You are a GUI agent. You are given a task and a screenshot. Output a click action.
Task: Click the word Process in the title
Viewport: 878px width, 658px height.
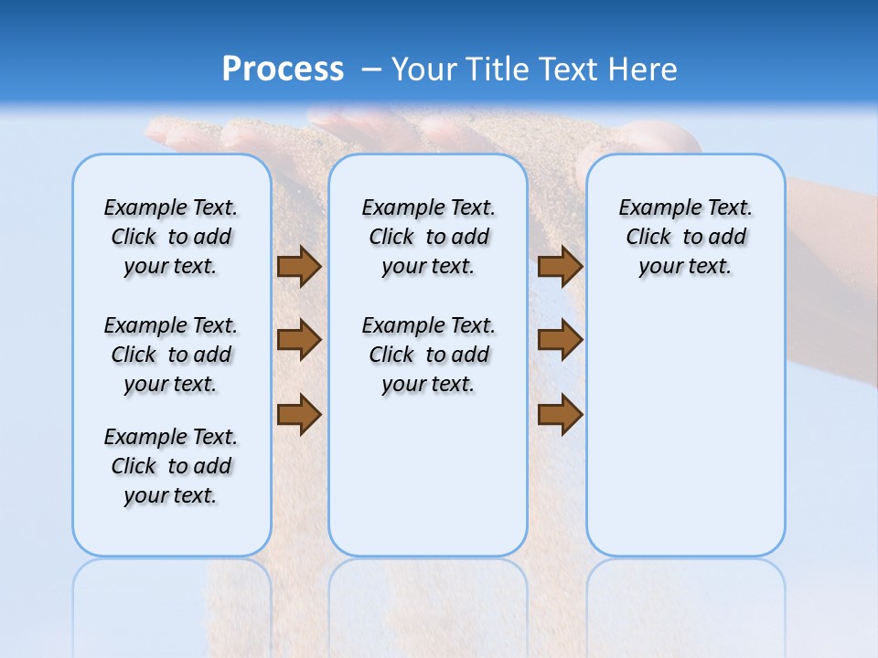[283, 69]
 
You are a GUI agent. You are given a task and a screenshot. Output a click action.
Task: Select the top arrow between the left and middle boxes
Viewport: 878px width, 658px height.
[299, 266]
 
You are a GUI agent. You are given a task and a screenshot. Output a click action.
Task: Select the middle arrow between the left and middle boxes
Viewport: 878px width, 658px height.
[299, 340]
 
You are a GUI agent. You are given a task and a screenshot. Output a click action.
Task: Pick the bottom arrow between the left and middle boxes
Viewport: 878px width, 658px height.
[299, 414]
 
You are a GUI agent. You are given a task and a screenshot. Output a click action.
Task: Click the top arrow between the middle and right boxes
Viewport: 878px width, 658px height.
[560, 266]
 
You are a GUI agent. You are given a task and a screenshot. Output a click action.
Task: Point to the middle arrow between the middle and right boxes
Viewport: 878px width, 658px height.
[560, 340]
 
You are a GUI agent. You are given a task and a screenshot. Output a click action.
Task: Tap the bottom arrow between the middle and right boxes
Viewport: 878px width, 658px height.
[560, 414]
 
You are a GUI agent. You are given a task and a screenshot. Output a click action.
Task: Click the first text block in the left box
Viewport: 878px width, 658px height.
[171, 237]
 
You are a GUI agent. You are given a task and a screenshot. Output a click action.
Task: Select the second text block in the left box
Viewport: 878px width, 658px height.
[171, 355]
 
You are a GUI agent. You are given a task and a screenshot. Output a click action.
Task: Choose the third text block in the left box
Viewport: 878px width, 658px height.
[171, 466]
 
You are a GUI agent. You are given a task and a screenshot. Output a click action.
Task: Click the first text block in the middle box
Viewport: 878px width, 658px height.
[428, 237]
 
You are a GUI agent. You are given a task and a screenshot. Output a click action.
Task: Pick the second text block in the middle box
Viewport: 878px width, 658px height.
[428, 355]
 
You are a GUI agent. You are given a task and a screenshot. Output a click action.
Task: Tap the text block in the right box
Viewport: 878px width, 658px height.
[685, 237]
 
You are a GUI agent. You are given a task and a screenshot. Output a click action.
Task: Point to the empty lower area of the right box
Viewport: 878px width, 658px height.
[685, 420]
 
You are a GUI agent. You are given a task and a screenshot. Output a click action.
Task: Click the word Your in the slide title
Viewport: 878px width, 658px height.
[425, 69]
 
